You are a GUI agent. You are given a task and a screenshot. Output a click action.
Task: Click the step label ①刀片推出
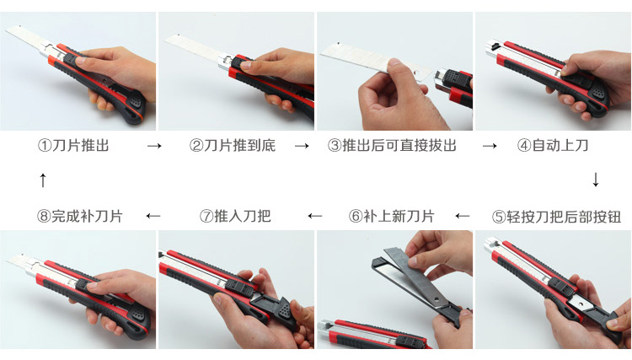73,145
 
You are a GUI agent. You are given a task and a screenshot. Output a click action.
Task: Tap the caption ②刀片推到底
233,145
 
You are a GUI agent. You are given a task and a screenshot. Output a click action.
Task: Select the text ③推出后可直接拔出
392,145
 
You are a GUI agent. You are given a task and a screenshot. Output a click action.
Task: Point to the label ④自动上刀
553,145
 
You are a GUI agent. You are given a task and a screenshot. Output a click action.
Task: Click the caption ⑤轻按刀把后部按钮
556,217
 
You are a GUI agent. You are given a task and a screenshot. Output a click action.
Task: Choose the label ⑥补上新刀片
391,216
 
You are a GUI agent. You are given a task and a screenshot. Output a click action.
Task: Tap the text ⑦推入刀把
235,216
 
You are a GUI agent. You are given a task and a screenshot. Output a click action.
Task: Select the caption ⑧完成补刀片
80,216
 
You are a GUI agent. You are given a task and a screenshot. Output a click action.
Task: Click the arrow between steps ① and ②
154,146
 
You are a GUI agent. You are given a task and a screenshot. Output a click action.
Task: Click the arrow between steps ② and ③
302,146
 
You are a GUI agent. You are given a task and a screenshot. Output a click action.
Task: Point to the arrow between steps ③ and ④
490,146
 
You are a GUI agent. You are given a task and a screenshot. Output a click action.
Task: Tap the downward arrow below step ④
596,180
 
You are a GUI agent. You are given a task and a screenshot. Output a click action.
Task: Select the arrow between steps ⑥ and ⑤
463,216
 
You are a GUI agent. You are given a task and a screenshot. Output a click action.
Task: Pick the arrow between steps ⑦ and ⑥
315,216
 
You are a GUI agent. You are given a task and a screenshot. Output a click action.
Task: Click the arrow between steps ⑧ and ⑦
153,216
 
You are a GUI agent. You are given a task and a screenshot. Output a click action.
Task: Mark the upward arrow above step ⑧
43,180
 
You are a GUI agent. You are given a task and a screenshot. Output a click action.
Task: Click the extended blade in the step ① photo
26,40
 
